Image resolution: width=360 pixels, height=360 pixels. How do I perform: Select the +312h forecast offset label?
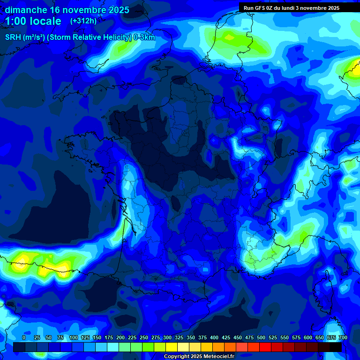83,21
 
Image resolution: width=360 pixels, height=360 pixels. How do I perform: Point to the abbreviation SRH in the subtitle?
13,37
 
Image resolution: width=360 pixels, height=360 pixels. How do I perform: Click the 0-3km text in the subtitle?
144,37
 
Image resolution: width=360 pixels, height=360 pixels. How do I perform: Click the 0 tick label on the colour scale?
24,337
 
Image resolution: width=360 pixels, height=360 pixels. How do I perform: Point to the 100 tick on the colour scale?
74,337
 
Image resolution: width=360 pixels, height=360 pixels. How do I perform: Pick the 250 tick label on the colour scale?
144,337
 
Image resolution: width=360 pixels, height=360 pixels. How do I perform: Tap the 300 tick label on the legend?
167,337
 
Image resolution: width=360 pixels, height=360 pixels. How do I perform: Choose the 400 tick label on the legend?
214,337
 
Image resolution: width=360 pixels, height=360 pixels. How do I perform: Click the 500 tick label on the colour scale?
261,337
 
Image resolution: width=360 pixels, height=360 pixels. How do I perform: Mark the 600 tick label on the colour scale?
308,337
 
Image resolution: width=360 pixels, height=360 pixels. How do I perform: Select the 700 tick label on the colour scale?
343,337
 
